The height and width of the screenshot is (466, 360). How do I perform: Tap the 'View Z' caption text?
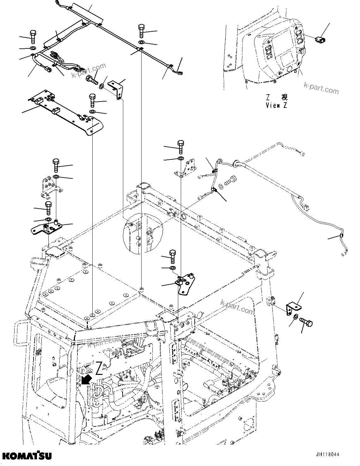pos(277,106)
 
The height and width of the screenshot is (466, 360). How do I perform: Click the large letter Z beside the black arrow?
pos(99,368)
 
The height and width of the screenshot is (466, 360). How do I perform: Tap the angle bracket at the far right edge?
pos(293,308)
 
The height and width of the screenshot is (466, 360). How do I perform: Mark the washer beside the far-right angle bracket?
pos(295,317)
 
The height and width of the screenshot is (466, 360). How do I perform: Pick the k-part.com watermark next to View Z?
pos(321,88)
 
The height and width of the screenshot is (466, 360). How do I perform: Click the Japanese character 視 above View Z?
pos(284,97)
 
